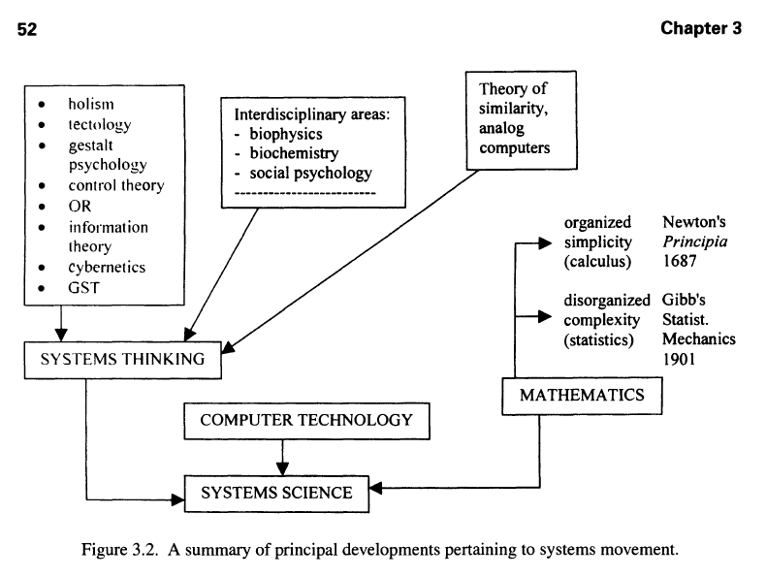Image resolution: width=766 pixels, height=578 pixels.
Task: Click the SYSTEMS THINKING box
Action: [121, 360]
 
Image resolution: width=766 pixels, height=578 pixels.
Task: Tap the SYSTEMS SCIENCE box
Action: [276, 493]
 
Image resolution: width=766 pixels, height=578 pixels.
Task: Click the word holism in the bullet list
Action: [91, 104]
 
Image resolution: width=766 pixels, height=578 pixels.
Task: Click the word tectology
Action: [99, 124]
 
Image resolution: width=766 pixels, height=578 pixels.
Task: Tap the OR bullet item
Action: [80, 207]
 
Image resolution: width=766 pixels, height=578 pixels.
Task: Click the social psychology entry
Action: [309, 173]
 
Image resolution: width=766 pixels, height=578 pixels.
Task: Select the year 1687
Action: [680, 262]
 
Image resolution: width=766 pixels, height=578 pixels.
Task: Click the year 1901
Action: [680, 359]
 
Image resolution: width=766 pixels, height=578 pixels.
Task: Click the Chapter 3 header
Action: [701, 28]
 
